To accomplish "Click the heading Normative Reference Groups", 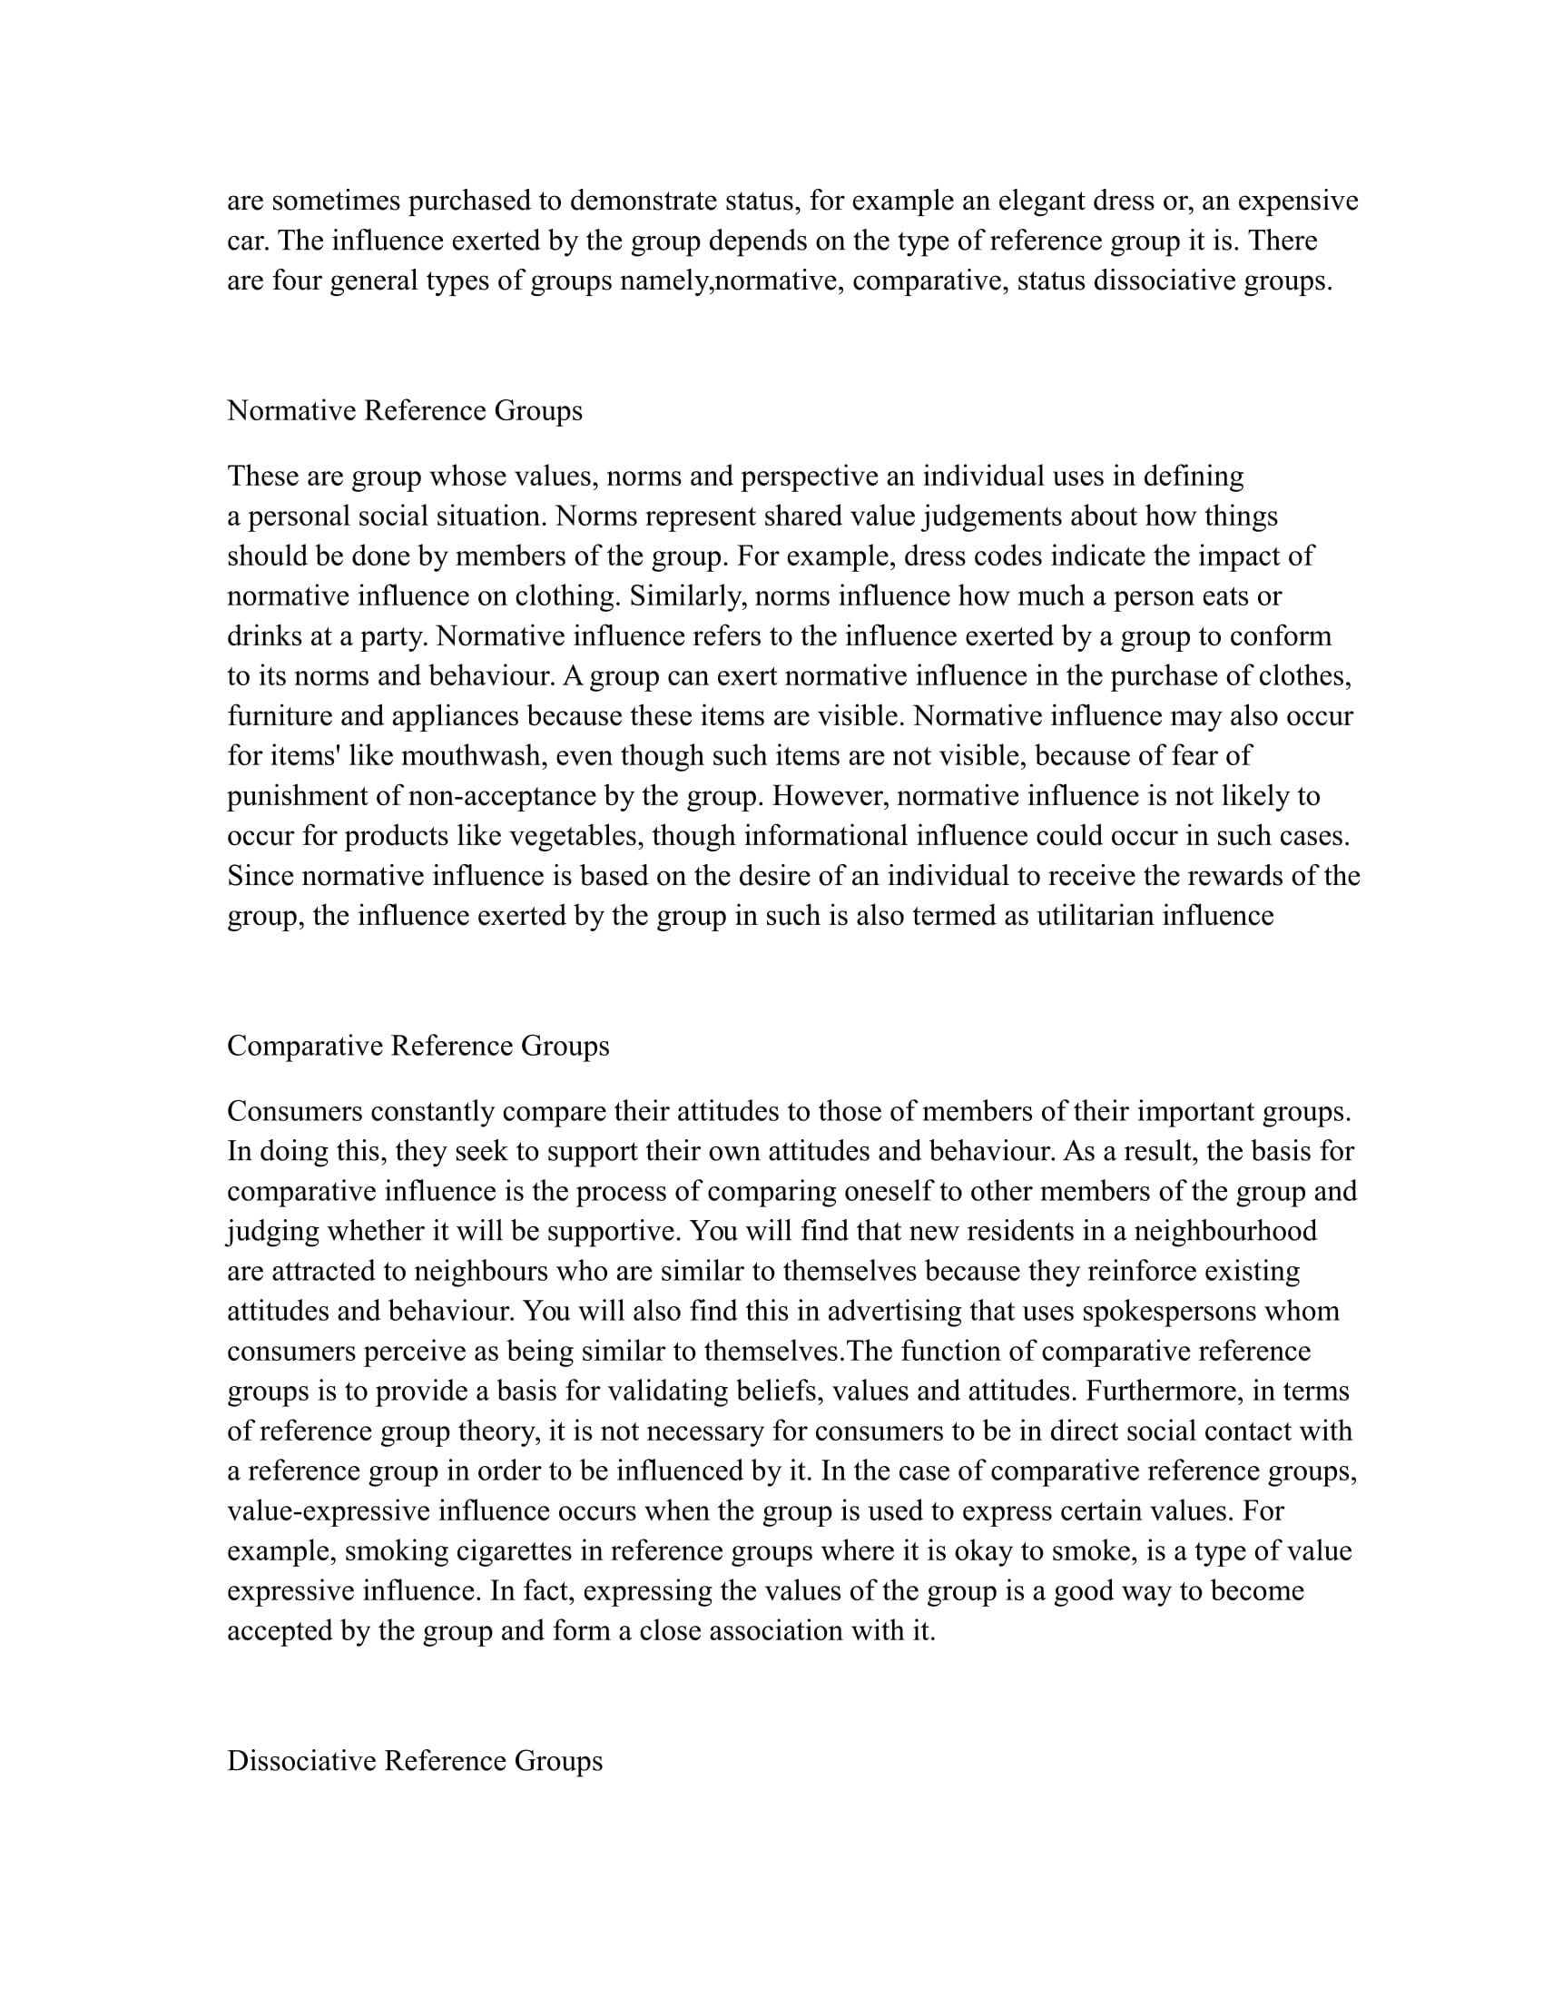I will tap(404, 410).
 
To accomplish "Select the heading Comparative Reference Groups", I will tap(418, 1046).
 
